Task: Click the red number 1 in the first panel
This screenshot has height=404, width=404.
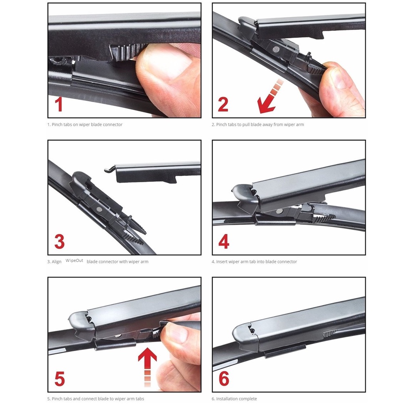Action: coord(59,104)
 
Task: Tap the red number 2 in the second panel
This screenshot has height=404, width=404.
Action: coord(223,104)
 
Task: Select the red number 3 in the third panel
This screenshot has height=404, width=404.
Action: coord(59,241)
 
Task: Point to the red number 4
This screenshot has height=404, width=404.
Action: coord(224,241)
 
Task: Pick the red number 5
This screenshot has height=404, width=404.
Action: coord(60,379)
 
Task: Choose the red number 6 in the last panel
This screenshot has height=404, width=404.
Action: coord(224,379)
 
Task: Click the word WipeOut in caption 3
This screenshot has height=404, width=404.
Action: coord(74,260)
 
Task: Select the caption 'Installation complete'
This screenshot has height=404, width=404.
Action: coord(237,399)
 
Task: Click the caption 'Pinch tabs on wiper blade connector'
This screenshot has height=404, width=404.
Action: coord(87,124)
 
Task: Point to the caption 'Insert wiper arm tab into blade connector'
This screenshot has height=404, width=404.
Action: coord(256,262)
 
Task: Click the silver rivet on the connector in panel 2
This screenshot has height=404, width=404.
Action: coord(276,49)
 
